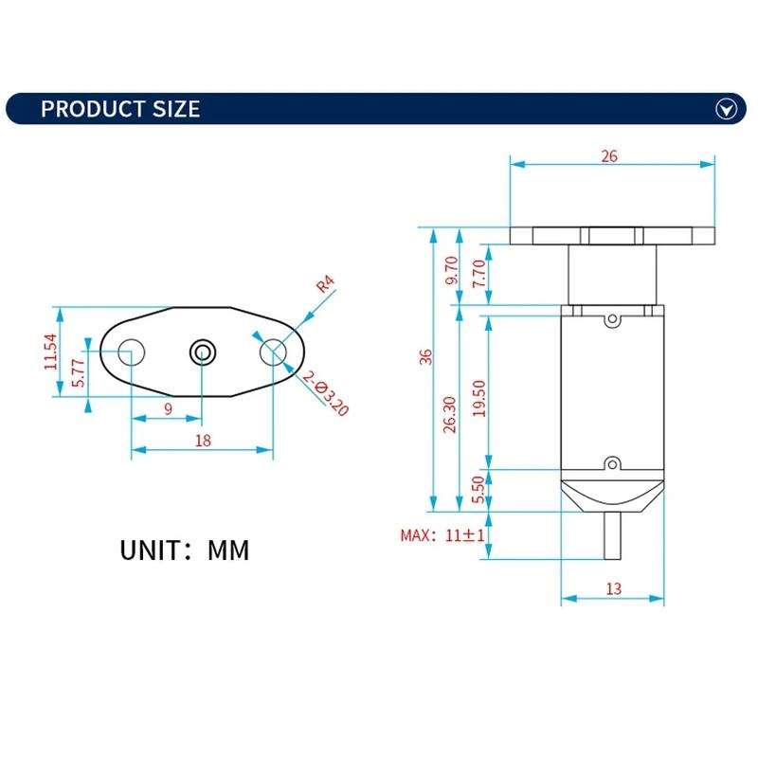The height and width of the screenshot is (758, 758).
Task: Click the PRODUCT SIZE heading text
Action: (x=120, y=109)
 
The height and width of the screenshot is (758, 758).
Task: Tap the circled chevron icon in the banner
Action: (x=726, y=110)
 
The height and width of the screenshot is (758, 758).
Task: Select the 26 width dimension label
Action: (x=609, y=156)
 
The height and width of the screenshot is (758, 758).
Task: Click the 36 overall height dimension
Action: (x=426, y=356)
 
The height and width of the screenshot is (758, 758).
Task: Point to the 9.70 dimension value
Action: (x=451, y=272)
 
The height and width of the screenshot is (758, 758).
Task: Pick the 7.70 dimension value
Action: (x=478, y=272)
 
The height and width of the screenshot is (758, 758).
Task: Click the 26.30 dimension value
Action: (x=450, y=414)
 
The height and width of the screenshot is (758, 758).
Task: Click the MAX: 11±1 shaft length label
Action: (x=443, y=535)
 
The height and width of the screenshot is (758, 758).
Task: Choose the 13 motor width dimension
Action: (x=613, y=588)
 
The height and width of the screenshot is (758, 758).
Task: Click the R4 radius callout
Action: (x=326, y=283)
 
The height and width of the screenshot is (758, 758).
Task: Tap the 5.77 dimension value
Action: (x=80, y=372)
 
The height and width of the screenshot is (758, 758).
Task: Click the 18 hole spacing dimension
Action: (x=201, y=441)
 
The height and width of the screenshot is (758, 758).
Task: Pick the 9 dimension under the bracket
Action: (x=168, y=409)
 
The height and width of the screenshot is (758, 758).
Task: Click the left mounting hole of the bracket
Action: (x=131, y=352)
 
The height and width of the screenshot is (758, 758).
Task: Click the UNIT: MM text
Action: (x=185, y=550)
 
